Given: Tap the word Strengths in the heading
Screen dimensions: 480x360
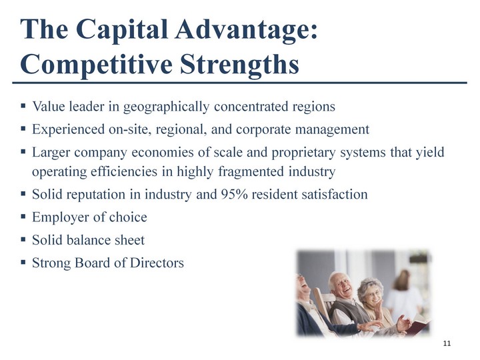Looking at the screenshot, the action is click(239, 65).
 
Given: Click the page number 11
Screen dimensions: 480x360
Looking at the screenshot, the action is click(447, 343).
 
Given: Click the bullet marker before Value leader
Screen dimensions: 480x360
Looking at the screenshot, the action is click(23, 106).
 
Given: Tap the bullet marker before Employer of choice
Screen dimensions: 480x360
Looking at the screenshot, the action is click(23, 217).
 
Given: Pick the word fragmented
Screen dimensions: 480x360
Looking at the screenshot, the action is click(251, 172).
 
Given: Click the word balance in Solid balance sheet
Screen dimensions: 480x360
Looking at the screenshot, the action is click(88, 240).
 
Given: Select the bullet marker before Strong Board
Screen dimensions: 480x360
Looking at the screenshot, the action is click(23, 263).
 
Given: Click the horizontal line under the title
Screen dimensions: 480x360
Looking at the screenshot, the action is click(240, 83).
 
